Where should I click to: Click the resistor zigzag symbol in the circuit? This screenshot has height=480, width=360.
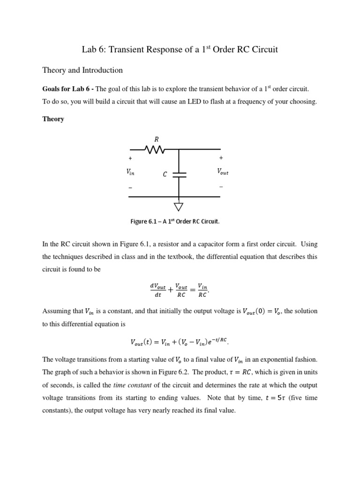point(156,150)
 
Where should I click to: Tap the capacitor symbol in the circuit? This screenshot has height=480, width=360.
point(179,174)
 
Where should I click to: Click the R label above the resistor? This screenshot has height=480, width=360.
point(157,139)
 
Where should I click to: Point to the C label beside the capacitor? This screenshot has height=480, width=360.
point(165,175)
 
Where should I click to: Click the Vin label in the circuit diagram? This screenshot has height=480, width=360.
point(130,172)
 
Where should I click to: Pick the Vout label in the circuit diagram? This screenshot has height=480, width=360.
point(222,172)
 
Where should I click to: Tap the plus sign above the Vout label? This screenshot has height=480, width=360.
point(221,158)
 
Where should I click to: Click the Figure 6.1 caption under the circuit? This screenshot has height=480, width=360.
point(175,222)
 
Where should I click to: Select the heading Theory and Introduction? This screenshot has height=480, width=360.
point(82,70)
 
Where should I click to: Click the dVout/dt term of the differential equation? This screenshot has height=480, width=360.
point(158,290)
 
